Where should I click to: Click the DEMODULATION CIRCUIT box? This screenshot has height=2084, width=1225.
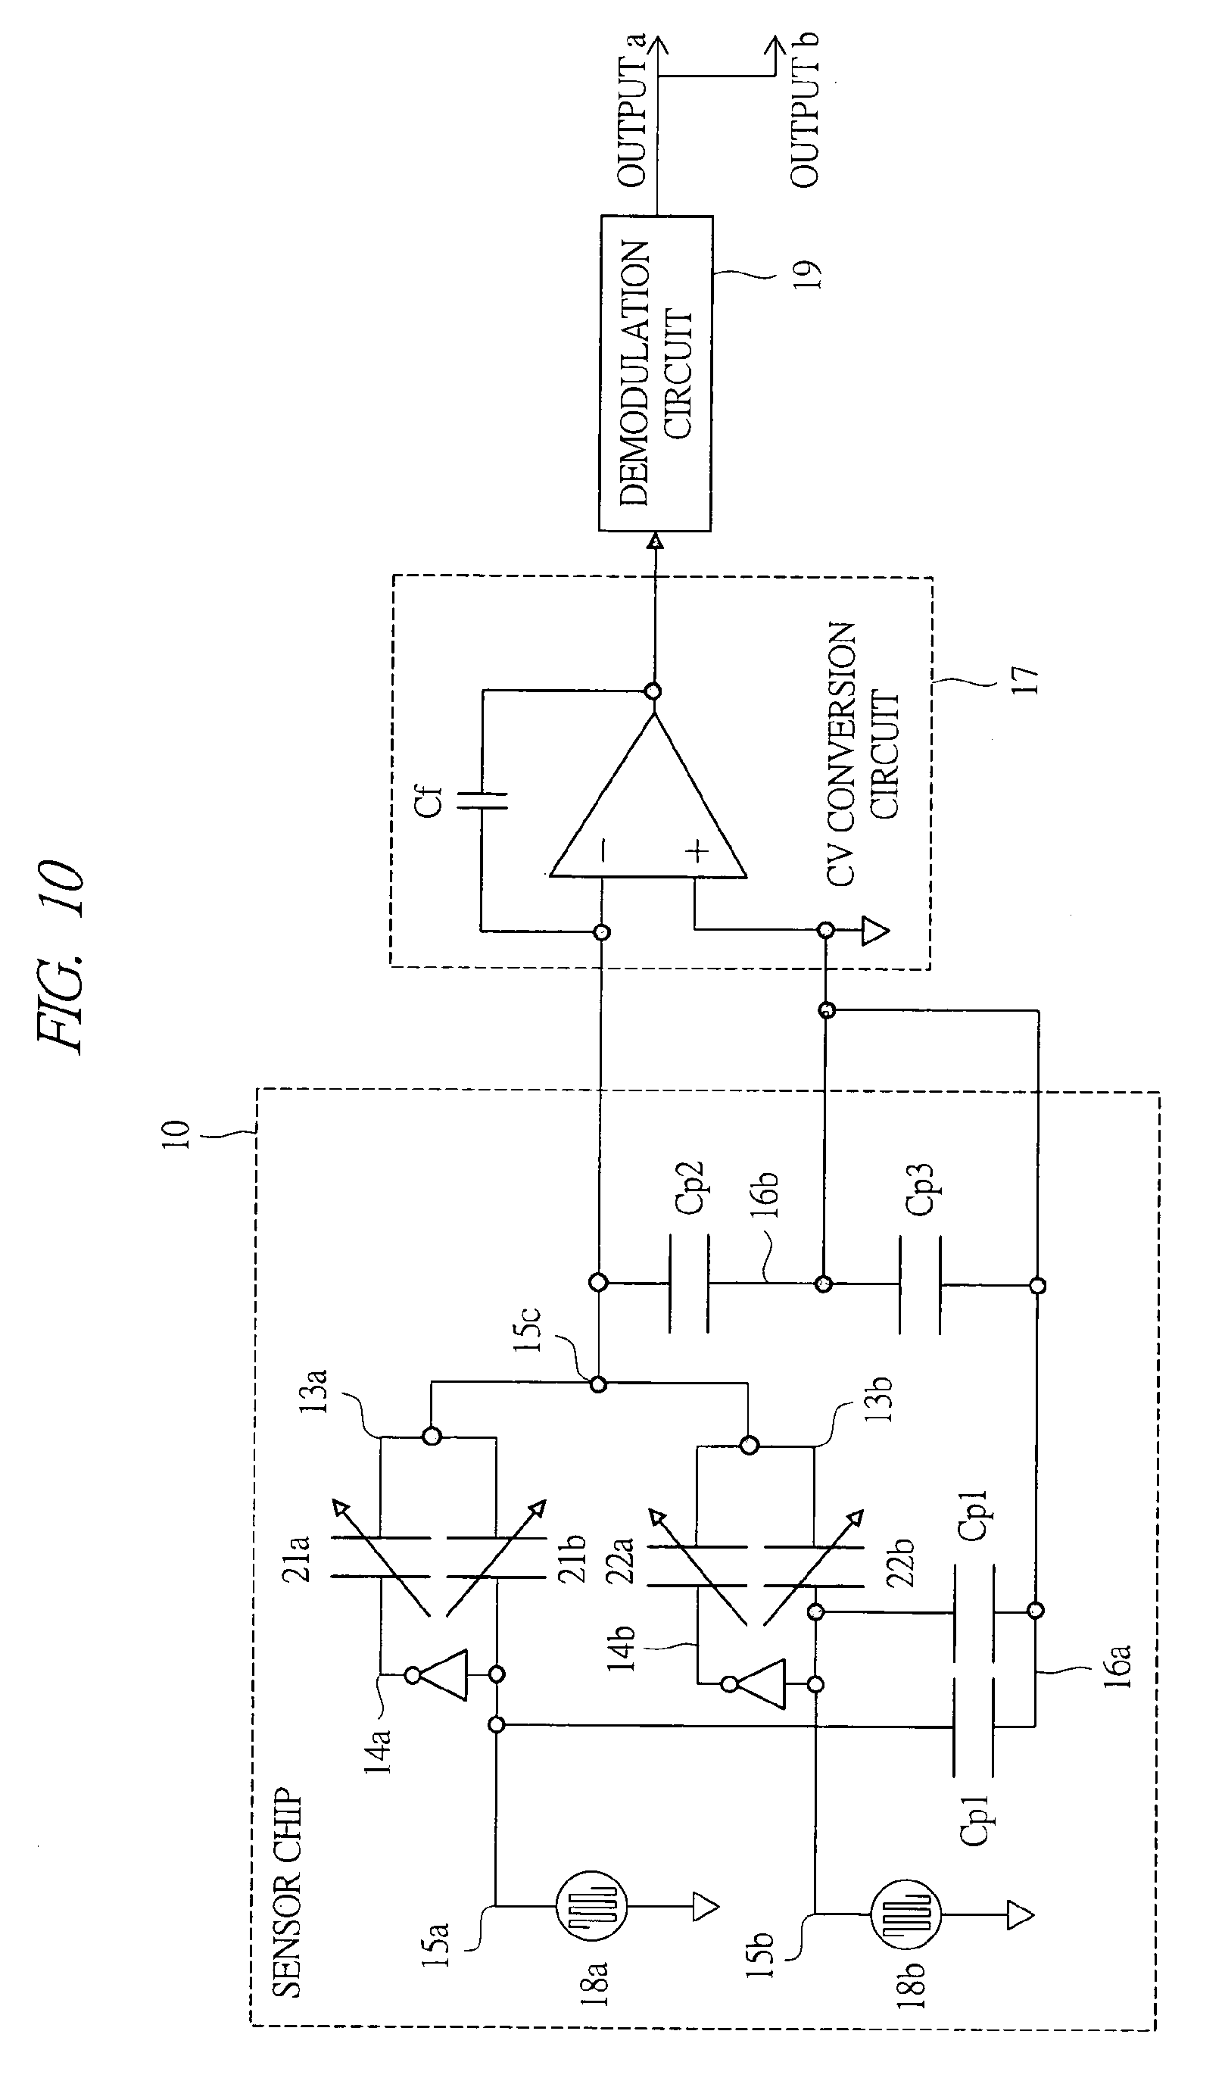tap(655, 373)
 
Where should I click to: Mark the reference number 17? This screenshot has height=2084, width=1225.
tap(1025, 680)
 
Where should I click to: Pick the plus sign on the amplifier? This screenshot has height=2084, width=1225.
tap(699, 851)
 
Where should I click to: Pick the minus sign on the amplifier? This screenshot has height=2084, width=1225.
tap(605, 850)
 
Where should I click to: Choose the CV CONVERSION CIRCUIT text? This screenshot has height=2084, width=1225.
tap(862, 754)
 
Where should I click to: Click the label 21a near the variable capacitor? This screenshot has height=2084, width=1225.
tap(297, 1559)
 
